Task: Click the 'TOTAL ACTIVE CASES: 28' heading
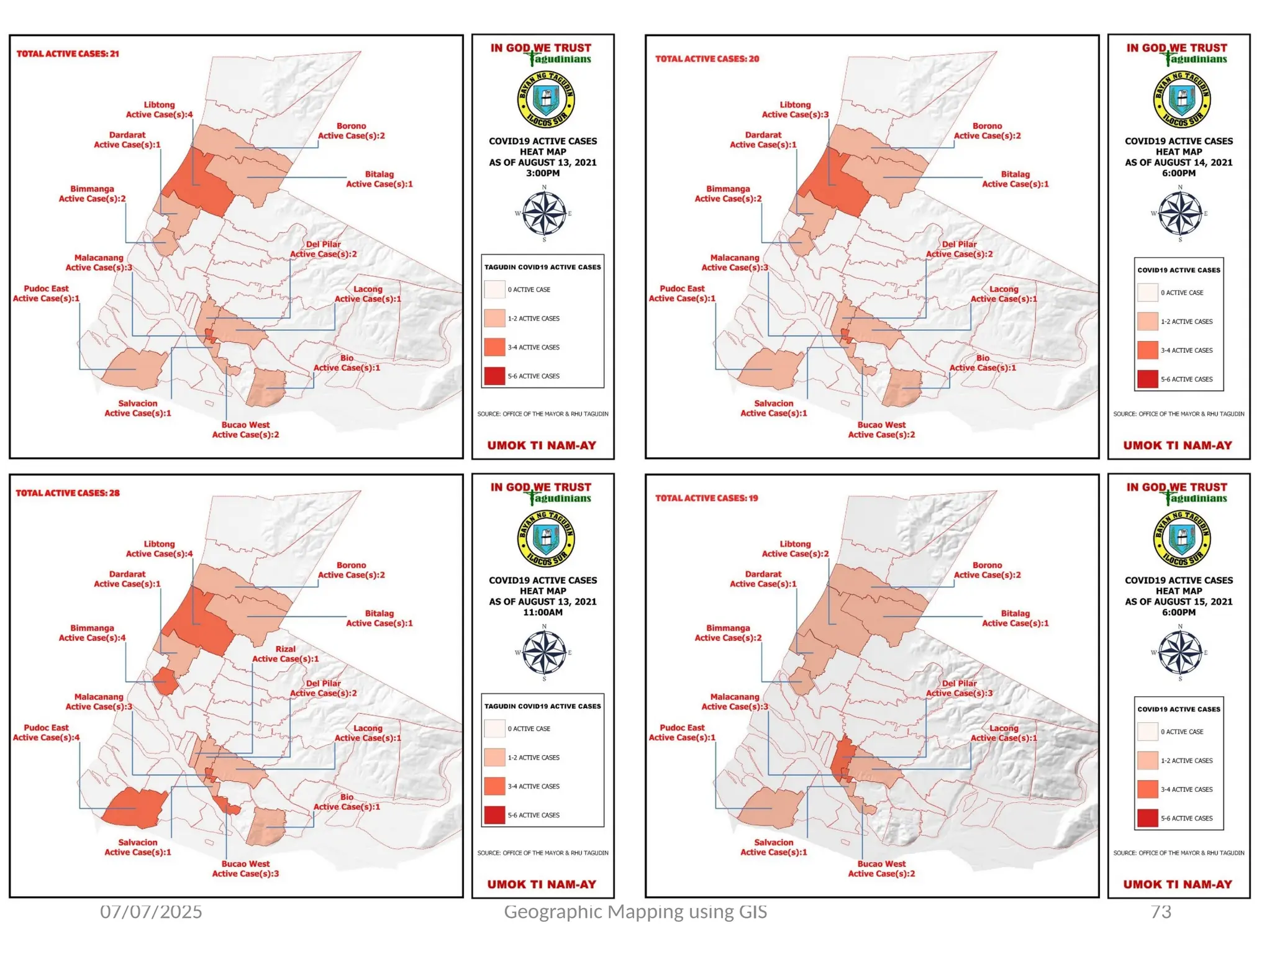point(68,493)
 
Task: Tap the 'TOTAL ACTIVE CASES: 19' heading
point(706,498)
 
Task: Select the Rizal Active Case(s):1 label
point(285,654)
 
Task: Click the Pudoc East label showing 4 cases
point(46,733)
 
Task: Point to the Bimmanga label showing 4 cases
point(92,633)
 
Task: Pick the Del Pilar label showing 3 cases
point(959,688)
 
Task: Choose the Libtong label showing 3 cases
point(795,110)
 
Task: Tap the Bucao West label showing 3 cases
point(245,869)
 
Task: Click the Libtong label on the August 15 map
point(795,549)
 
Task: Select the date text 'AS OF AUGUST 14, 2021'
point(1178,163)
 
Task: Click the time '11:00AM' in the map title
point(542,612)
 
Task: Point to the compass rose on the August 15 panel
point(1179,653)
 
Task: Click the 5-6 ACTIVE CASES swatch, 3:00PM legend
point(494,376)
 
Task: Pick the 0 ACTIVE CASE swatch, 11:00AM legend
point(494,729)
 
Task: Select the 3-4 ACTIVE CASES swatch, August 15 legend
point(1148,789)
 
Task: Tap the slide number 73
point(1161,912)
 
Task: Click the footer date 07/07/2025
point(151,912)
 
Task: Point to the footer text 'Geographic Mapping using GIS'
point(635,912)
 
